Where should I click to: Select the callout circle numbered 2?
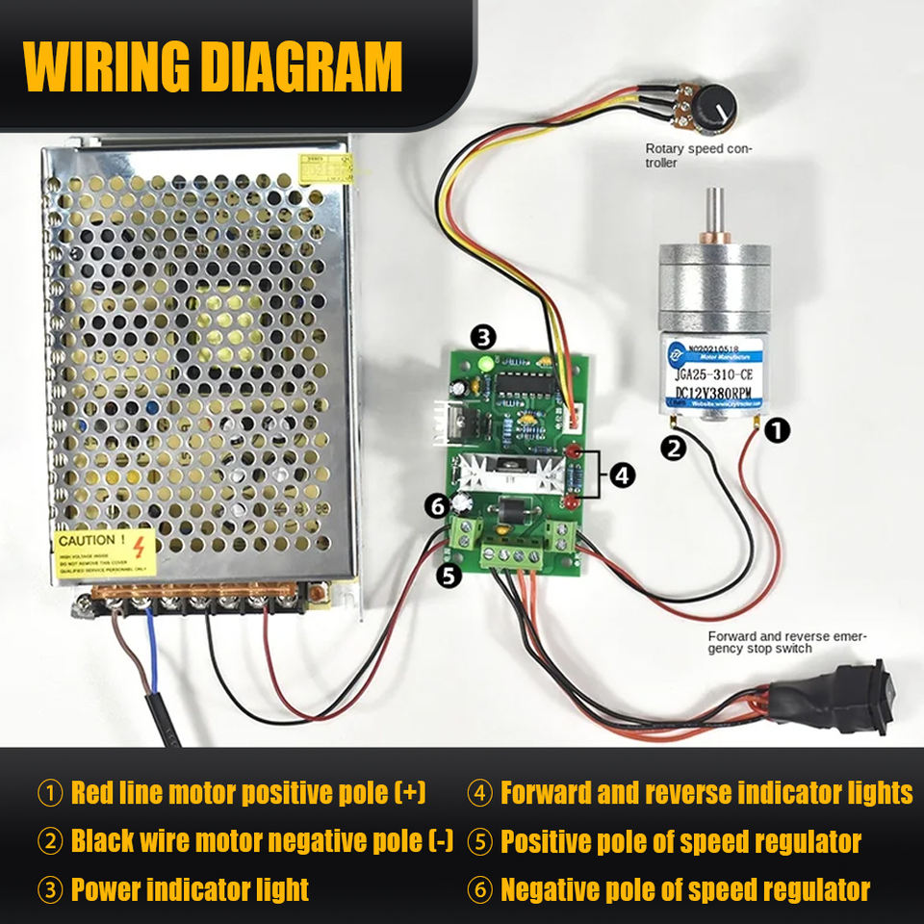coord(675,447)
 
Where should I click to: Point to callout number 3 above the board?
coord(483,336)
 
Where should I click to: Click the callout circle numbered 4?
coord(624,475)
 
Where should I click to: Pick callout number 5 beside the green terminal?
coord(449,576)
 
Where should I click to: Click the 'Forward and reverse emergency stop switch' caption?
coord(787,642)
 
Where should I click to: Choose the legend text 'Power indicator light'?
coord(190,889)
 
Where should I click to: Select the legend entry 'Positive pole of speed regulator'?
coord(680,841)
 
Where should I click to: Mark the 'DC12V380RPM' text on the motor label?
coord(712,392)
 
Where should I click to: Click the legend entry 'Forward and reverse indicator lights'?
coord(706,793)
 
